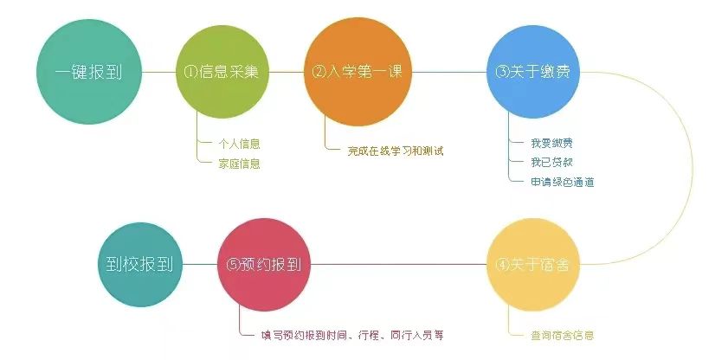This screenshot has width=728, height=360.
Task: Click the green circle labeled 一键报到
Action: (89, 72)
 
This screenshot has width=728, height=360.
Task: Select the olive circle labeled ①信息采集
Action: (222, 72)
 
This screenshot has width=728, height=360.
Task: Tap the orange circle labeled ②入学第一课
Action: (358, 72)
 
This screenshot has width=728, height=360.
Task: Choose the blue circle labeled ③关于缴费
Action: (533, 72)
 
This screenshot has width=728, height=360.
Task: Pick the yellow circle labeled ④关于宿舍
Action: (533, 265)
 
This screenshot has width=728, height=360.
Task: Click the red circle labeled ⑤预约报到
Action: (264, 265)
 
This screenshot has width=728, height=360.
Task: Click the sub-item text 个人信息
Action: (239, 144)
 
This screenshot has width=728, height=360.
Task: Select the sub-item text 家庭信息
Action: (239, 164)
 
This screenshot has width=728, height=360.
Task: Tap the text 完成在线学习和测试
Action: (396, 151)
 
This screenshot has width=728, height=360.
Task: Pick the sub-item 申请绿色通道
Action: (563, 182)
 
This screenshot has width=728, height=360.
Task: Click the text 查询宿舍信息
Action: (563, 335)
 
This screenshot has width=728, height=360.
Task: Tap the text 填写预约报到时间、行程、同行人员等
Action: (352, 335)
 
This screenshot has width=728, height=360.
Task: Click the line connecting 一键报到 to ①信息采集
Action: (158, 72)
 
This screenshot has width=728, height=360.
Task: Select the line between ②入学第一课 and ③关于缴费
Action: (449, 72)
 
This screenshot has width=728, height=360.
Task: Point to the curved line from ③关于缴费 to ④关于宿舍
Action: (693, 168)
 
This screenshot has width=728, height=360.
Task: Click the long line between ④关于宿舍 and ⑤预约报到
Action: (398, 265)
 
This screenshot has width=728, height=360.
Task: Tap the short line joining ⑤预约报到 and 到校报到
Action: (200, 265)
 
